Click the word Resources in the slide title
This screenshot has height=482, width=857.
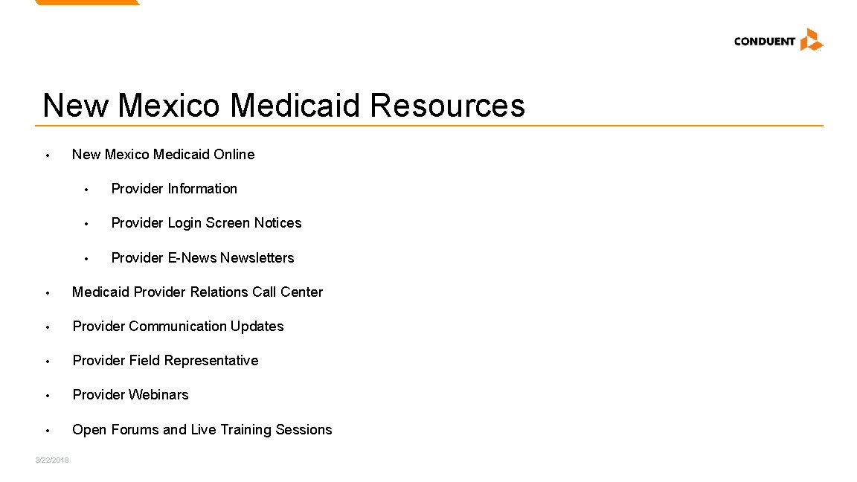click(x=446, y=105)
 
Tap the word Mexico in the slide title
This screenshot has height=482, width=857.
click(x=168, y=105)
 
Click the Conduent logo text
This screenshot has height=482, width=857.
click(x=764, y=42)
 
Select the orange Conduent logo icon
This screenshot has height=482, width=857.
click(x=811, y=39)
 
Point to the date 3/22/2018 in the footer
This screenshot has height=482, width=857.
click(x=52, y=460)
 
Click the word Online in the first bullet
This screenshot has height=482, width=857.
click(x=234, y=155)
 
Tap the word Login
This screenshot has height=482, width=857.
click(x=184, y=223)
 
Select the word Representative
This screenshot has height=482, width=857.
click(x=211, y=361)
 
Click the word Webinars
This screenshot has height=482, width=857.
click(x=158, y=395)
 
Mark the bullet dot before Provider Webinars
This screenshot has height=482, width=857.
click(x=47, y=396)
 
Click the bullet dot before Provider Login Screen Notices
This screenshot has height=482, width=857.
click(x=86, y=224)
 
